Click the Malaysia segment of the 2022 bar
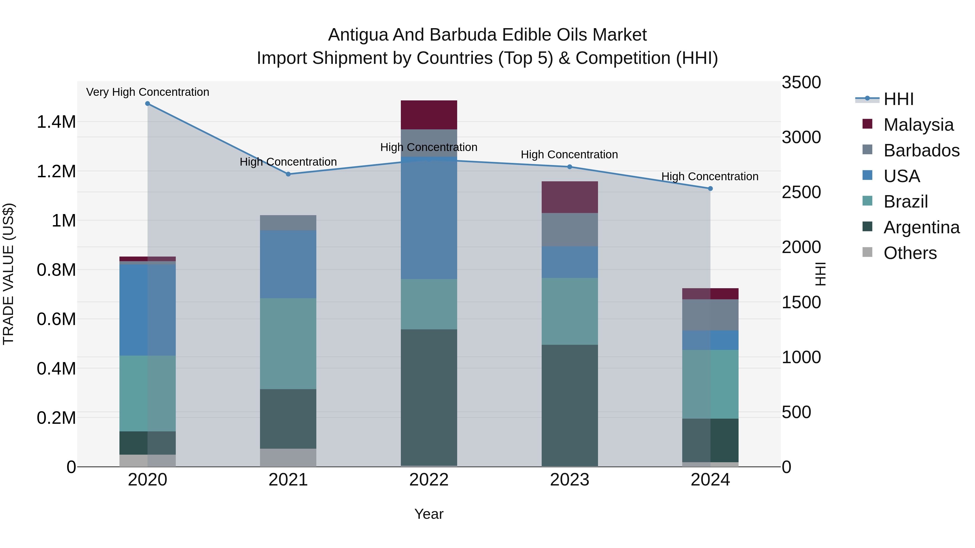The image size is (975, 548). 429,115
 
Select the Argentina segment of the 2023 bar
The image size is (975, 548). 570,405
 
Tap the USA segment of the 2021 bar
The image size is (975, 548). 288,264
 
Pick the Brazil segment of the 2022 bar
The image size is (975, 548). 429,304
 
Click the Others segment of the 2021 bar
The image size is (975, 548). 288,457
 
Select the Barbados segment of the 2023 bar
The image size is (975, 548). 570,229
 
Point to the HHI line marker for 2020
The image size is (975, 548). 148,104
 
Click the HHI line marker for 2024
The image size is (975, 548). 710,188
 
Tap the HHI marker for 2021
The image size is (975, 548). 288,174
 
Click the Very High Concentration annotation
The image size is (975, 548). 148,92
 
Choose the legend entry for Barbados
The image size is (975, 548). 921,150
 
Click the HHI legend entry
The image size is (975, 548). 898,99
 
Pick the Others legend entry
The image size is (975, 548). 910,253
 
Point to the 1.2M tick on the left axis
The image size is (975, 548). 56,171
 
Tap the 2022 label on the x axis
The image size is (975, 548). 429,480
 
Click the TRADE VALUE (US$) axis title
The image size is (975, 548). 8,274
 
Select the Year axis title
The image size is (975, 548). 429,514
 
